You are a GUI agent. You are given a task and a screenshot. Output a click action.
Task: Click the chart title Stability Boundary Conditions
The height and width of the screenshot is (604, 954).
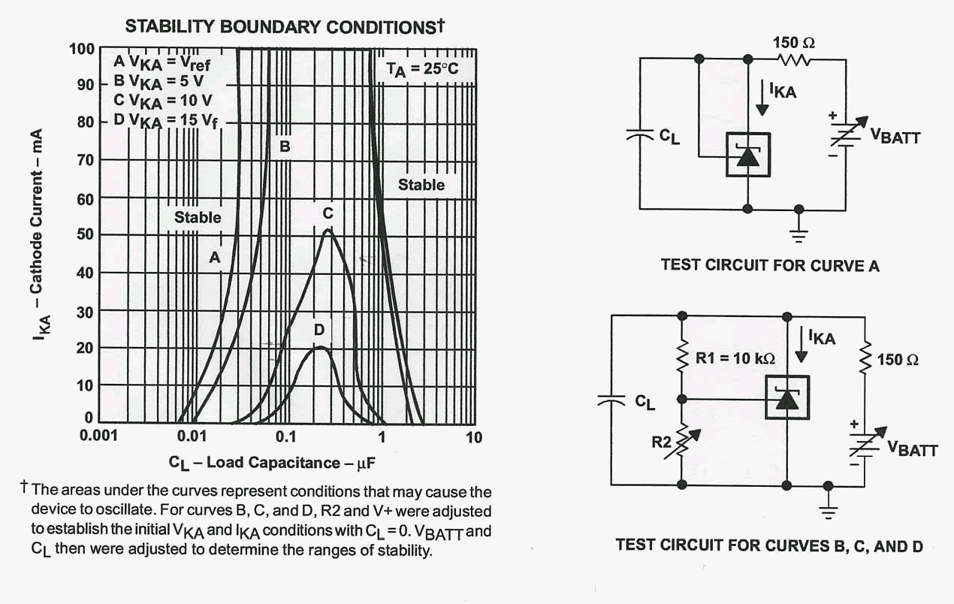tap(285, 27)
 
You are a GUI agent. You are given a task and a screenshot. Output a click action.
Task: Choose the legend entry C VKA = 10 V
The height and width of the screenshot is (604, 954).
tap(162, 99)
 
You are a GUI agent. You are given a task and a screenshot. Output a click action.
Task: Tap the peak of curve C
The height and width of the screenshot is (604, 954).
tap(328, 230)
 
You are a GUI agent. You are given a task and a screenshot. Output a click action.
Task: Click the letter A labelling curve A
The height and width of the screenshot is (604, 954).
tap(214, 257)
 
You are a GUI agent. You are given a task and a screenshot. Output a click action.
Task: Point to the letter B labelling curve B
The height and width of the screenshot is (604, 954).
tap(285, 146)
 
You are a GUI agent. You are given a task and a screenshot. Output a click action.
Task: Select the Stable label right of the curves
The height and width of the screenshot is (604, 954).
tap(421, 185)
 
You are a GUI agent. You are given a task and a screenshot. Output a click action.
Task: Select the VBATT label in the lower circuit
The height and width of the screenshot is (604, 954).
tap(912, 449)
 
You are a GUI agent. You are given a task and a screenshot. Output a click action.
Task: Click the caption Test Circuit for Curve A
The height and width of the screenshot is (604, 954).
tap(770, 265)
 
